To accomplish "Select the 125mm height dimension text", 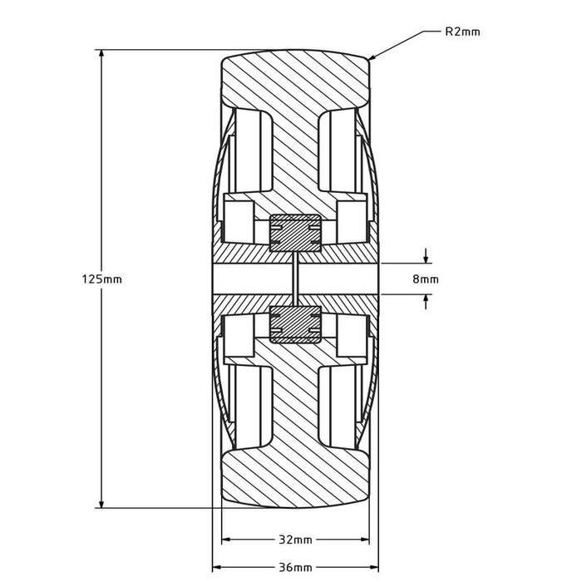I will pyautogui.click(x=104, y=279).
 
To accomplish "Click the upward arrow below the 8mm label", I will pyautogui.click(x=426, y=300).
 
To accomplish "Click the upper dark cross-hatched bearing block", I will pyautogui.click(x=295, y=232).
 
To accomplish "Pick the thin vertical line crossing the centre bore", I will pyautogui.click(x=295, y=279).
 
